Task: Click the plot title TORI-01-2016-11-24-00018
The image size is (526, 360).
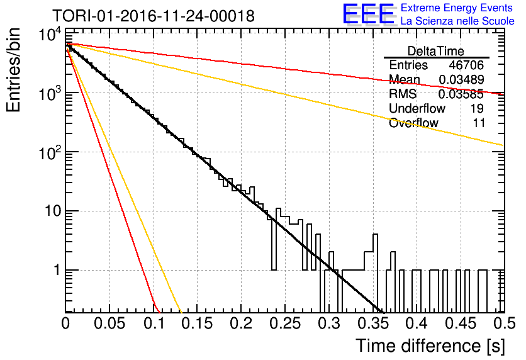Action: pos(154,16)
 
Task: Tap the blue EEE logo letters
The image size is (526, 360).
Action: pos(368,14)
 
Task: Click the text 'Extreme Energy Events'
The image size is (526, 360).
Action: pos(457,8)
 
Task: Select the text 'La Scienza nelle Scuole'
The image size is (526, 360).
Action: pos(457,21)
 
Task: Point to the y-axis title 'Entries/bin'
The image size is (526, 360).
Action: pos(13,70)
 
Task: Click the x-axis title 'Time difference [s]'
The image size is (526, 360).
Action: pos(430,346)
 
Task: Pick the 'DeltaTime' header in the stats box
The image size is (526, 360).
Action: pos(436,51)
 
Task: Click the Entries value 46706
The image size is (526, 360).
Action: pos(466,65)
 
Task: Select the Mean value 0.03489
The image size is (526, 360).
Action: pos(461,79)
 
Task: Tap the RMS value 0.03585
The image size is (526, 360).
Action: pos(461,94)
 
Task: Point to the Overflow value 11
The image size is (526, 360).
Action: pos(479,123)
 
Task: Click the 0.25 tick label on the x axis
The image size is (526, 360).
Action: pos(285,323)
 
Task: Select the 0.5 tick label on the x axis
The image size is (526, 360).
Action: pos(504,323)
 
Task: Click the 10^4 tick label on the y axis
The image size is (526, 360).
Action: pos(50,34)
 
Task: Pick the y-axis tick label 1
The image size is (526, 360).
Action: pos(57,271)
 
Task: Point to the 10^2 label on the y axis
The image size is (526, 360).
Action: pos(50,153)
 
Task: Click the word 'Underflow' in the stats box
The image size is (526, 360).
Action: pos(417,108)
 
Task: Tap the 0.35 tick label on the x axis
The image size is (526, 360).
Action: pos(372,323)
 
